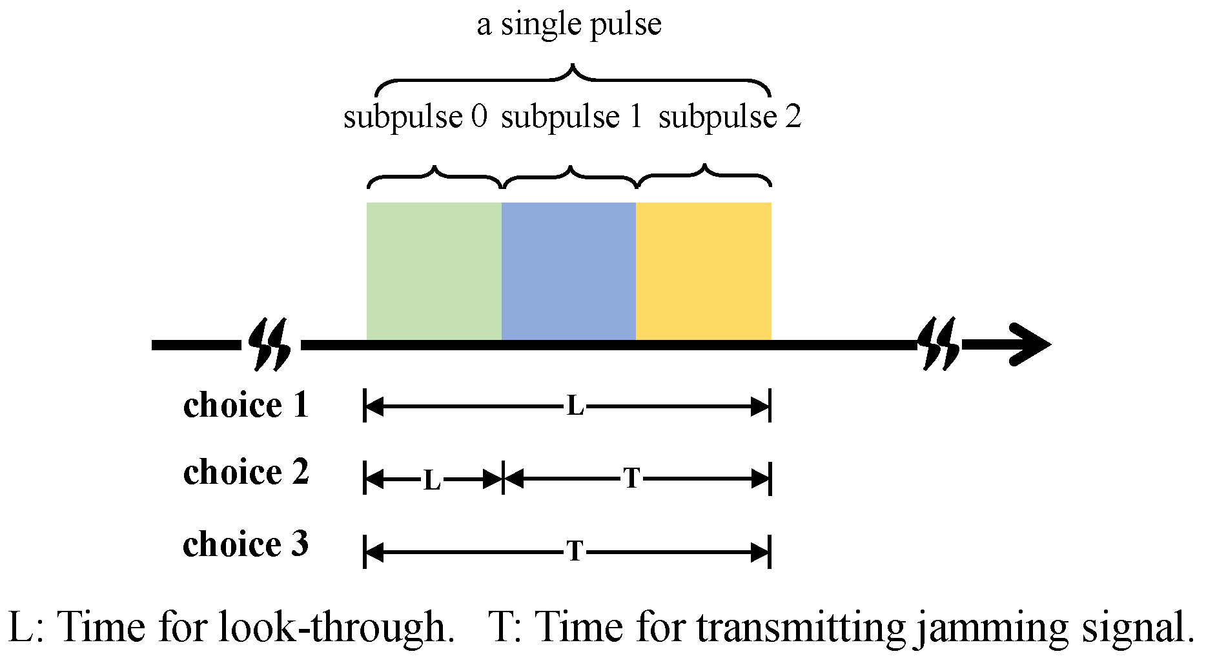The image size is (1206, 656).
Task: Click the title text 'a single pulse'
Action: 569,25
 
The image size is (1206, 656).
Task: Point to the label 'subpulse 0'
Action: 415,117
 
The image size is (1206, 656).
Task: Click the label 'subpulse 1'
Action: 571,117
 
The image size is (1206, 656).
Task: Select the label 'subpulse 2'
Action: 730,117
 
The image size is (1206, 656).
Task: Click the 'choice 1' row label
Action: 246,405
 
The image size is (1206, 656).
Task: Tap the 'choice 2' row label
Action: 246,472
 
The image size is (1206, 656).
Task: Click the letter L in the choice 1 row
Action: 575,407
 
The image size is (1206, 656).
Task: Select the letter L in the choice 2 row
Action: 432,481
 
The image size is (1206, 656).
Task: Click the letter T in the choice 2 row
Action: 632,479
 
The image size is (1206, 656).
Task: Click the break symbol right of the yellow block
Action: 939,344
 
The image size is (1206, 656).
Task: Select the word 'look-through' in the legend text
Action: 333,626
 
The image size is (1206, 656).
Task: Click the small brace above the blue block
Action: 569,175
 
